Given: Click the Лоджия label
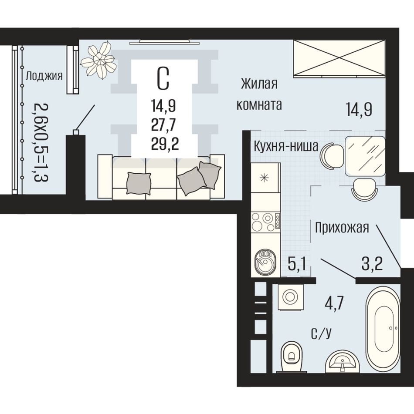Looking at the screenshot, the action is coord(44,76).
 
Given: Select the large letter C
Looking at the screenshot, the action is coord(163,78).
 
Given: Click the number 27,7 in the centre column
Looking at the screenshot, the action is coord(163,125).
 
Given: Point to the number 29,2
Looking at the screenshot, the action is coord(165,144).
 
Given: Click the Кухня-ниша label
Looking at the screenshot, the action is coord(286,147).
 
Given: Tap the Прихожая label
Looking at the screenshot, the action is coord(342,228).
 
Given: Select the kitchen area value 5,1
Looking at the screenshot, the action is coord(297,264).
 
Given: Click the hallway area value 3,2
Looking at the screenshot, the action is coord(372,264).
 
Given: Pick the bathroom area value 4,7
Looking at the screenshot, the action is coord(334,303).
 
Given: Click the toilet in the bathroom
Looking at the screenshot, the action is coord(292,357).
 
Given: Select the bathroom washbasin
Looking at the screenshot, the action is coord(343,361).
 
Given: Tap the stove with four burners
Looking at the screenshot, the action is coord(266,222).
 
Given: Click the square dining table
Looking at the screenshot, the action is coord(365,156).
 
